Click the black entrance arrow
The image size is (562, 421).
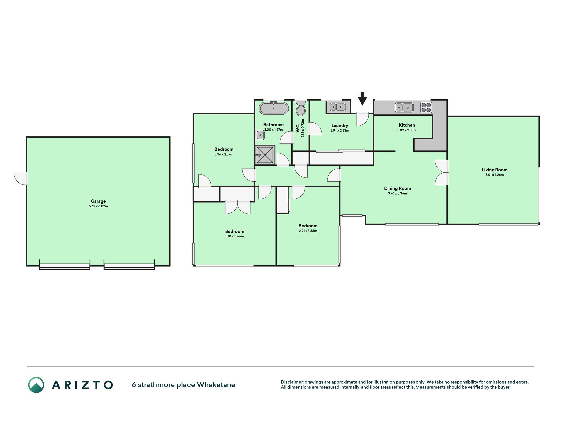tap(362, 98)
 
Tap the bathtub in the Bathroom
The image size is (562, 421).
tap(274, 108)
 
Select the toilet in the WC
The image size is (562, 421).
tap(301, 108)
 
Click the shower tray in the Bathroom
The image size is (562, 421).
tap(265, 155)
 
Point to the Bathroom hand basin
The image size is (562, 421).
tap(260, 135)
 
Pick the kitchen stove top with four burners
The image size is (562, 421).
tap(426, 108)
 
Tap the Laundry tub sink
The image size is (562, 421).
tap(338, 107)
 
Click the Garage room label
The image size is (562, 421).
tap(98, 201)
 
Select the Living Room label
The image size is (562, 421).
tap(495, 170)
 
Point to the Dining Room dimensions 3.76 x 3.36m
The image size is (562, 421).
tap(397, 193)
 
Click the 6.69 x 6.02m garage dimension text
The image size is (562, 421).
tap(98, 206)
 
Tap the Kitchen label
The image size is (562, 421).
tap(407, 125)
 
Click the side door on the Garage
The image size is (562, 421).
tap(21, 178)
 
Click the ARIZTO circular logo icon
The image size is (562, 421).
tap(36, 385)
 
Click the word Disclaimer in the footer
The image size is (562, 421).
tap(292, 382)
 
